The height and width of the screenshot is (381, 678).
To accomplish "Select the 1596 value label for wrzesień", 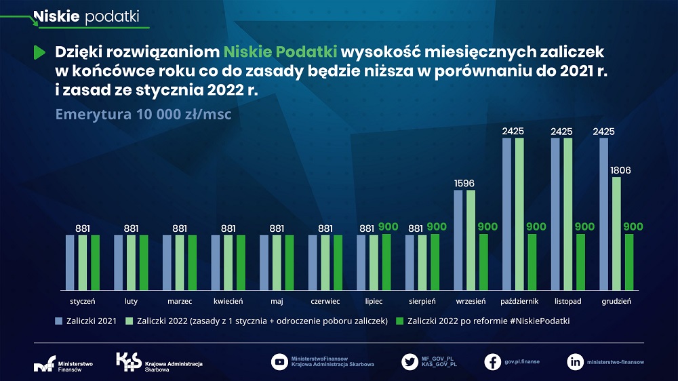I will click(x=464, y=182).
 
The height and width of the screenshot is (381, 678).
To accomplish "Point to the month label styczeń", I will click(x=82, y=301).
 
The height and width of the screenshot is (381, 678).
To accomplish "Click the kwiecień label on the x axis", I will click(x=228, y=301).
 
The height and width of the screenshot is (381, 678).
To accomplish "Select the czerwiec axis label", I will click(x=325, y=301).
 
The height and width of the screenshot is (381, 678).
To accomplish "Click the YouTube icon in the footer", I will click(x=279, y=361).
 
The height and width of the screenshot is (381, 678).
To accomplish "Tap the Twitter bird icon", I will click(x=410, y=361).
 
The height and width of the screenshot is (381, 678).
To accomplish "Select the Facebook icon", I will click(x=492, y=361).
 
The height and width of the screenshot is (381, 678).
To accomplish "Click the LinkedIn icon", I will click(x=575, y=361).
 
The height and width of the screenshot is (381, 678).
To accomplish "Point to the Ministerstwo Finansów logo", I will click(x=64, y=365).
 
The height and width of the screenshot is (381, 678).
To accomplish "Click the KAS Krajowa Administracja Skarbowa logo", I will click(x=159, y=362).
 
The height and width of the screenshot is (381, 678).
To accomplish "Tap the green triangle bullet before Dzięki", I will click(x=39, y=52).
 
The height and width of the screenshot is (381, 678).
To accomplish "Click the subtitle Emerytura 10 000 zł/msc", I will click(x=143, y=114).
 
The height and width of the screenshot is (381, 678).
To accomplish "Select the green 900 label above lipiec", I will click(x=388, y=226).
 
